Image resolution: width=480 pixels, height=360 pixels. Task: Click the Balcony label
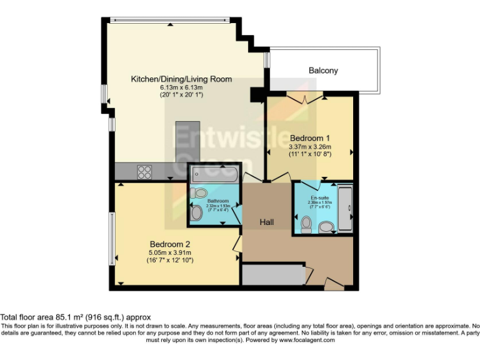tap(323, 71)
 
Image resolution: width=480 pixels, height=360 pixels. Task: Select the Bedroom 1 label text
tap(309, 138)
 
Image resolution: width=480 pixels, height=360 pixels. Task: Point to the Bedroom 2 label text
tap(169, 244)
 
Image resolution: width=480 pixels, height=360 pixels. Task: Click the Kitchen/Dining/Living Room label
tap(181, 79)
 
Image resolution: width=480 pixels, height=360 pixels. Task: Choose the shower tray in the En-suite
tap(345, 208)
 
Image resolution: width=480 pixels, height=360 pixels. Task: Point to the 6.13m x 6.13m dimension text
tap(181, 87)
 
